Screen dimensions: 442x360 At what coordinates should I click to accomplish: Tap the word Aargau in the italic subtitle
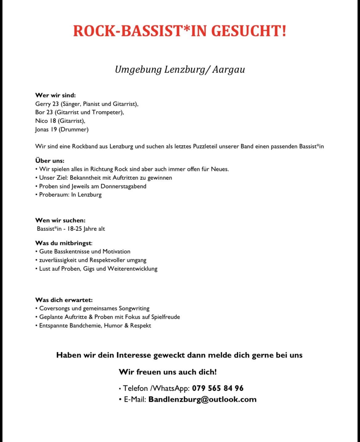(x=228, y=69)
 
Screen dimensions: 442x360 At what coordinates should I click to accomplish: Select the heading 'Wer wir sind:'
(x=55, y=95)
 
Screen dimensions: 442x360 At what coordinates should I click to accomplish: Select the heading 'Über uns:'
(x=50, y=160)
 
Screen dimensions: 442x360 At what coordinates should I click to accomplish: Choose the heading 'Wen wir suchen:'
(x=60, y=220)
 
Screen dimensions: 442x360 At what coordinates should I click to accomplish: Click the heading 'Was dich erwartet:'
(x=64, y=300)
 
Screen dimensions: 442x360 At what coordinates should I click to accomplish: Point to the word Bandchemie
(x=85, y=326)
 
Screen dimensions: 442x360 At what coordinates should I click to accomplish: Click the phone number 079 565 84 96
(x=218, y=388)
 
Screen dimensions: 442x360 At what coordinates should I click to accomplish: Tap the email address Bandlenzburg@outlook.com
(x=202, y=399)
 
